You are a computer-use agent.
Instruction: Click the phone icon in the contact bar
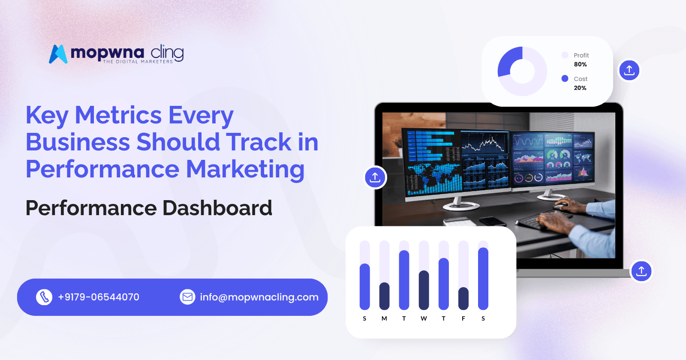[x=44, y=297]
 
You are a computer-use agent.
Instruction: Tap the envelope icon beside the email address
[x=187, y=297]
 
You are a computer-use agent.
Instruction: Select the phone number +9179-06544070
[x=99, y=297]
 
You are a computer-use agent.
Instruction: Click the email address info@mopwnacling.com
[x=259, y=297]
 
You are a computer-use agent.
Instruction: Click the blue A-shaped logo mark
[x=58, y=54]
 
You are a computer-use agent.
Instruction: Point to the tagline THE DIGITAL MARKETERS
[x=138, y=62]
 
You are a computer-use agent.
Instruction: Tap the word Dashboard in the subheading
[x=217, y=208]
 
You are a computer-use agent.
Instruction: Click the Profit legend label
[x=581, y=55]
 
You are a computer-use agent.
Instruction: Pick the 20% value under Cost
[x=580, y=88]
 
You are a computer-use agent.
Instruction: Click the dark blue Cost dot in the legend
[x=565, y=78]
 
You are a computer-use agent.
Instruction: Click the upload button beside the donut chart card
[x=629, y=70]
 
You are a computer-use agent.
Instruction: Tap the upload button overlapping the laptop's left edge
[x=375, y=177]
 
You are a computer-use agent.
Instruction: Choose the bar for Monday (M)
[x=384, y=296]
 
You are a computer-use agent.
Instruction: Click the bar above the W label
[x=424, y=290]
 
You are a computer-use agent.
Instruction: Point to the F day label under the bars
[x=463, y=318]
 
